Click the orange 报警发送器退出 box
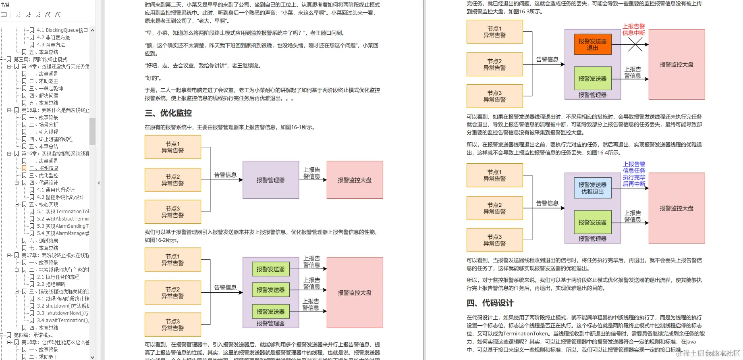pos(592,44)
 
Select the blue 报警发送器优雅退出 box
pos(592,188)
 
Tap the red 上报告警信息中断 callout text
pos(633,29)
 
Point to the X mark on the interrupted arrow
pos(635,44)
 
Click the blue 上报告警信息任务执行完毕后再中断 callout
pos(634,174)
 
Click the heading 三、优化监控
pos(168,113)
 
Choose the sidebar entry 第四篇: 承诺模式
pos(33,335)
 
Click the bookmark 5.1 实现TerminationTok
pos(63,212)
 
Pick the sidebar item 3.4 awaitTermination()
pos(63,320)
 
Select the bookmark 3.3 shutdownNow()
pos(63,313)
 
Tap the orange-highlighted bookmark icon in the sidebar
pos(24,168)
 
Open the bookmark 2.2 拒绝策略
pos(51,284)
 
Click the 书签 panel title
pos(5,5)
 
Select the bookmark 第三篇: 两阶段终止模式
pos(40,59)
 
